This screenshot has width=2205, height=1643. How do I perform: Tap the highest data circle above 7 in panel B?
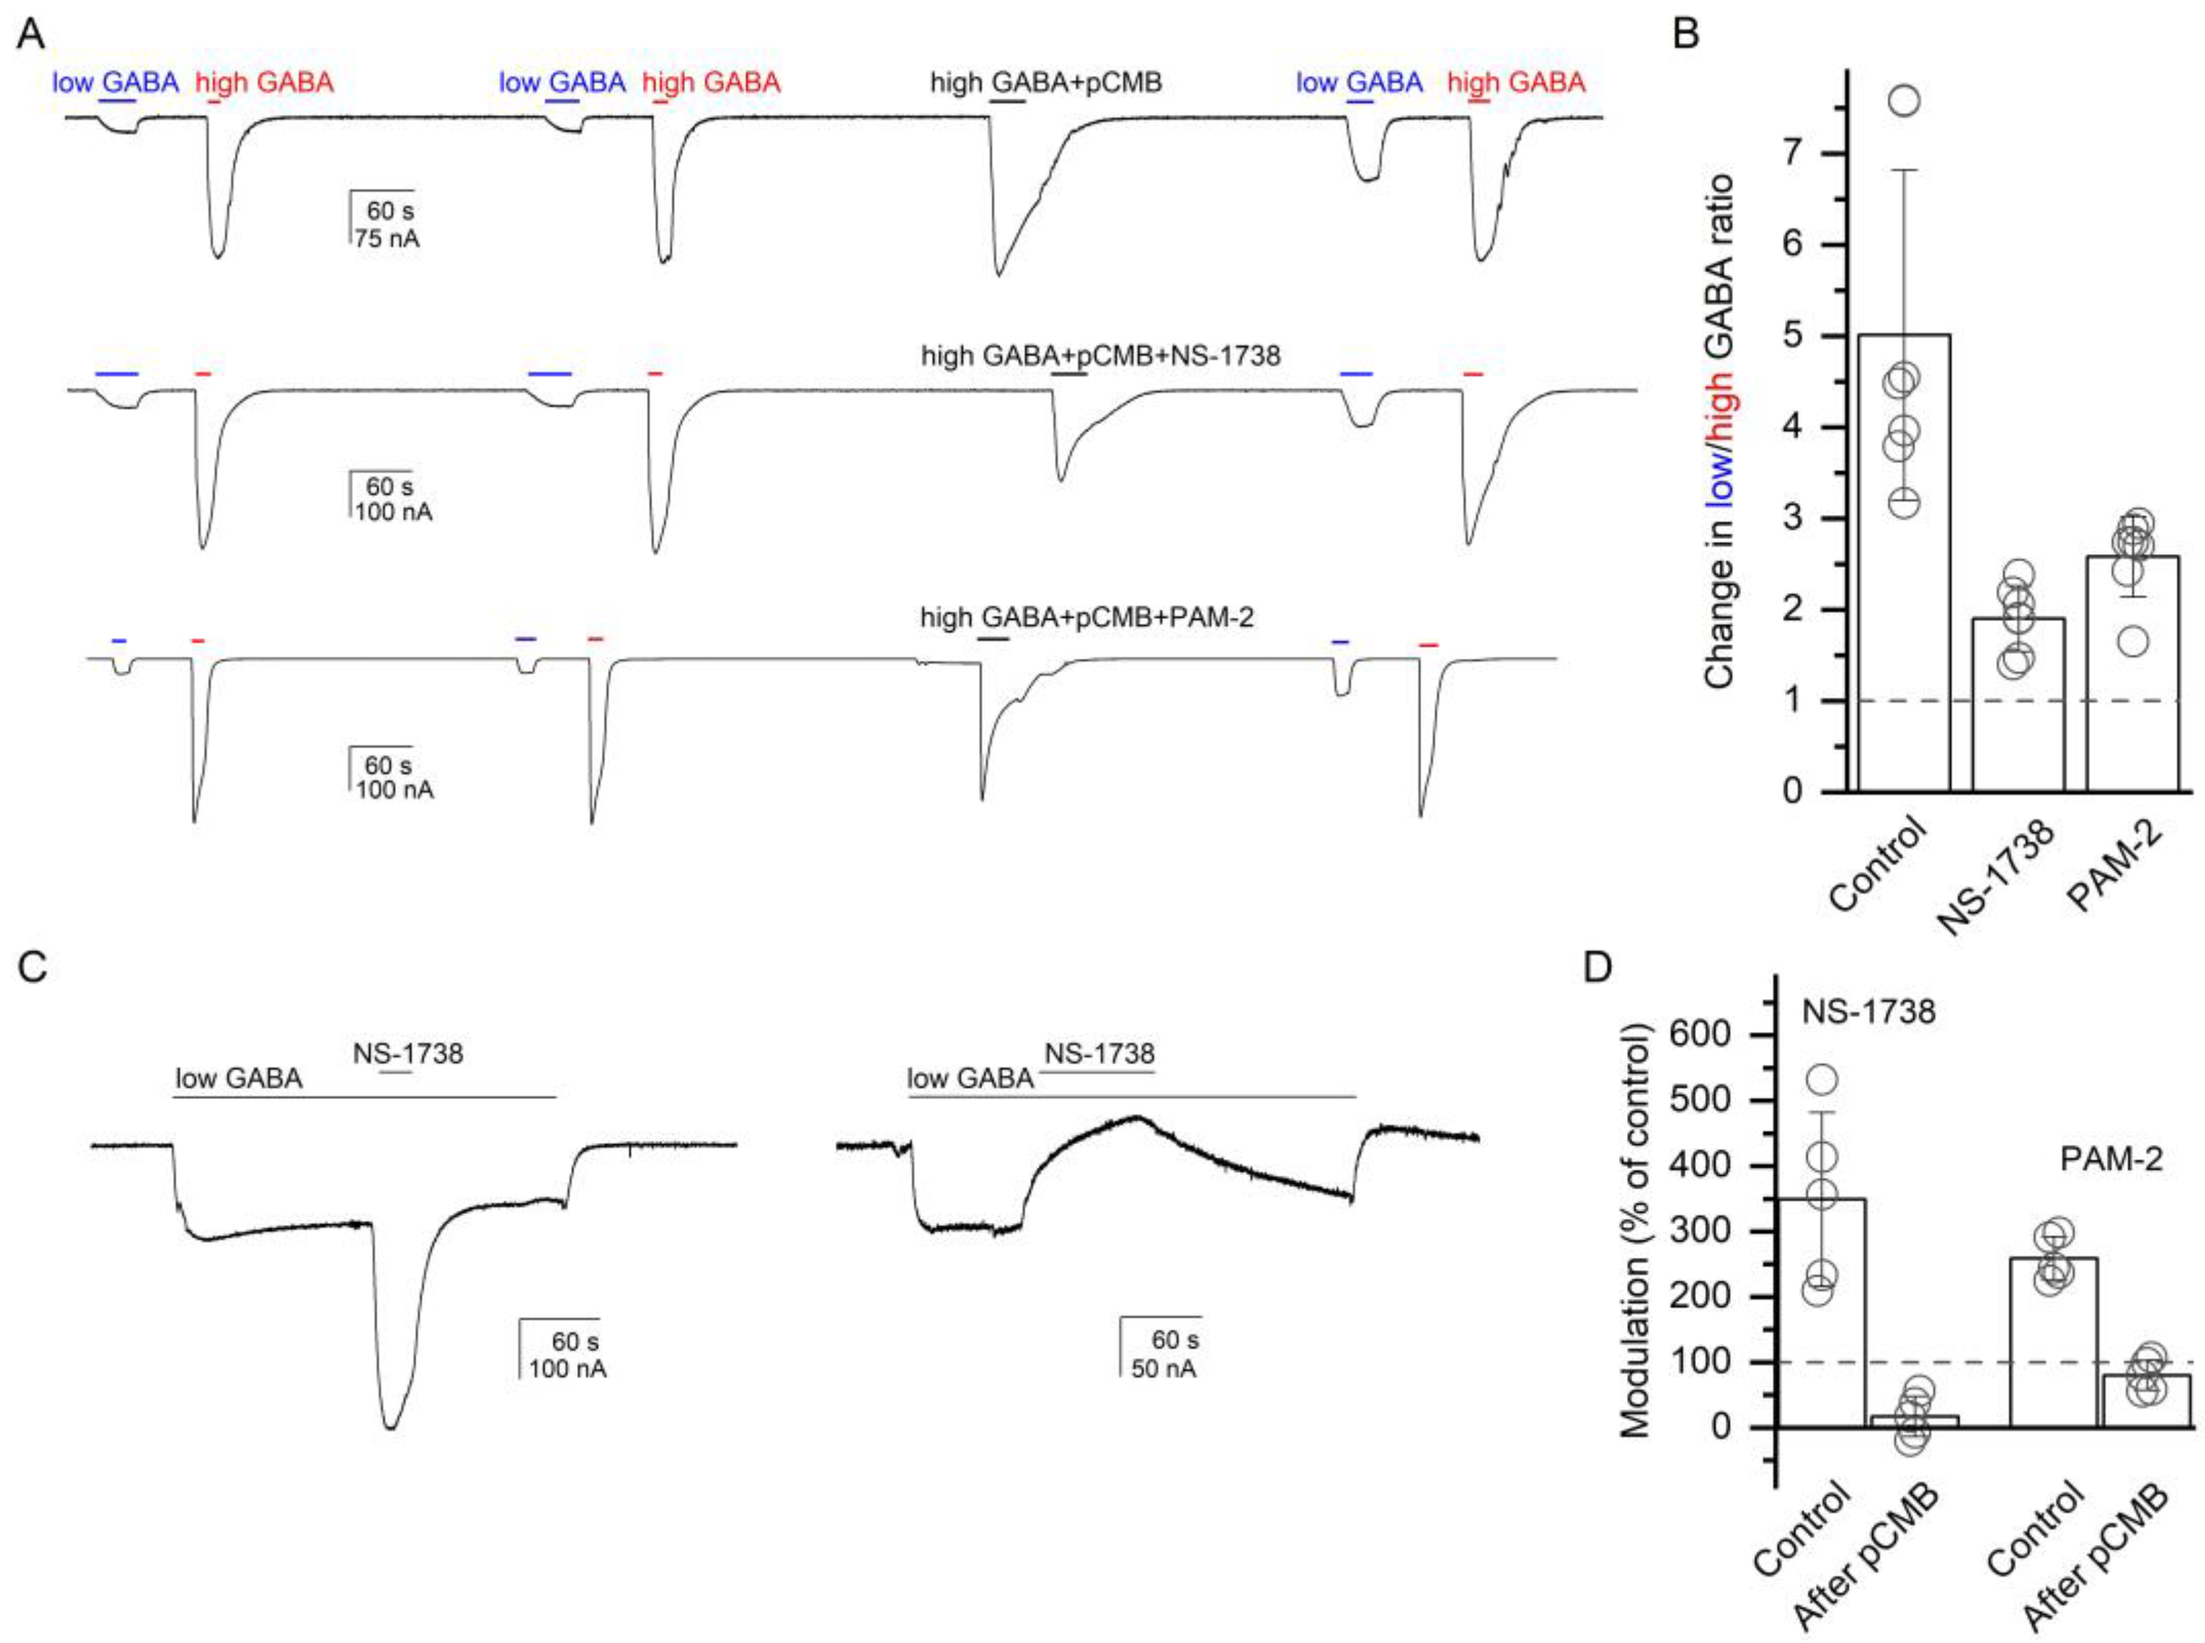pos(1904,101)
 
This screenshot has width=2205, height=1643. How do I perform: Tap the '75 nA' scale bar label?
pos(387,238)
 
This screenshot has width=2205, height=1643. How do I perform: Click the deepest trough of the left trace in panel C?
pos(391,1429)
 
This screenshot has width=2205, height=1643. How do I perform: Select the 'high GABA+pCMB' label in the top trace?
pos(1045,83)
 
